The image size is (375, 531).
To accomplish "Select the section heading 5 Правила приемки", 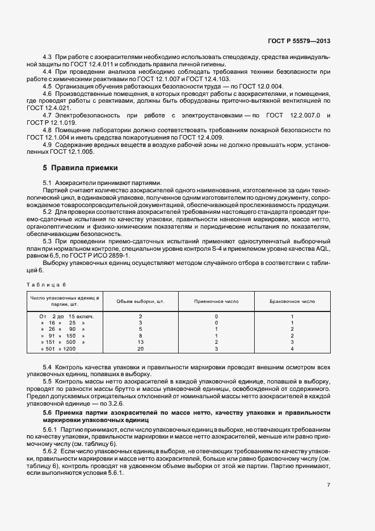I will click(81, 168).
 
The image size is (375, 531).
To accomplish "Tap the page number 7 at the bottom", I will click(328, 485).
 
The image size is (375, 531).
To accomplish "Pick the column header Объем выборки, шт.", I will click(140, 301).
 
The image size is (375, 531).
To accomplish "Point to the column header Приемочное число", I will click(216, 301).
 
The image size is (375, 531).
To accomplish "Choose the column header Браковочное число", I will click(292, 301).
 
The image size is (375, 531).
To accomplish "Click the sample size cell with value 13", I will click(140, 342).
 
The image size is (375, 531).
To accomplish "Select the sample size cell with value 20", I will click(140, 349).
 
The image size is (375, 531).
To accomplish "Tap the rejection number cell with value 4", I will click(292, 349).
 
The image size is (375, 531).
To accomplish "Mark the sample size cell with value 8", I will click(140, 335).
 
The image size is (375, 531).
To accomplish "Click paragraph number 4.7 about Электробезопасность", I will click(48, 115).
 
